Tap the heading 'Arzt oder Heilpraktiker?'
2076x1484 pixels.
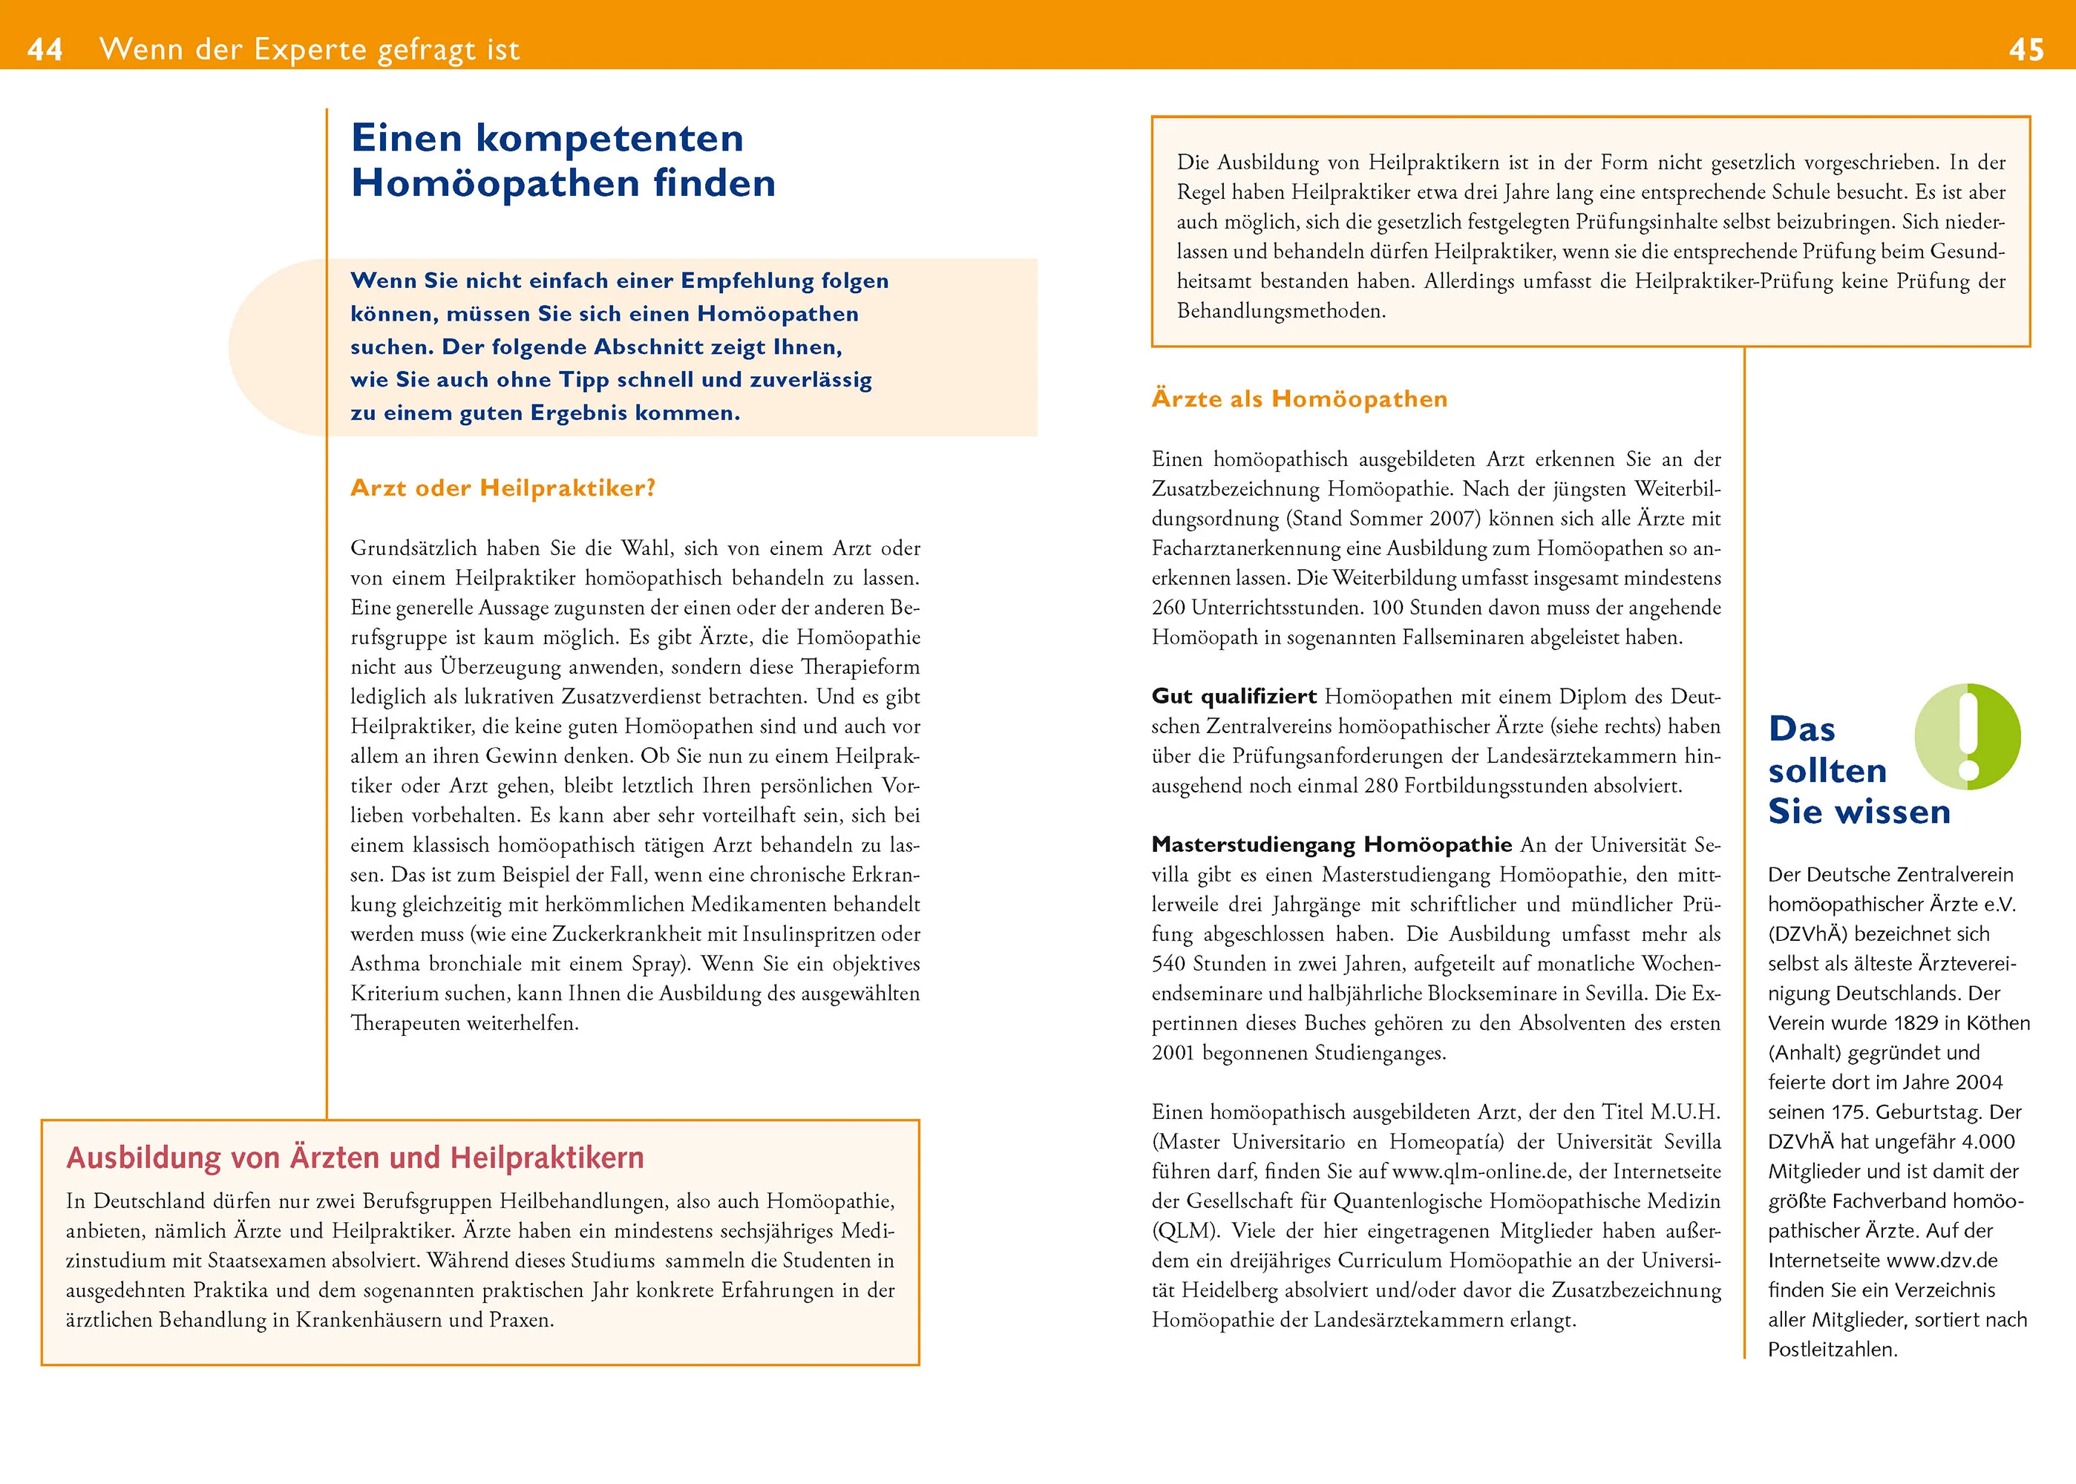[x=502, y=488]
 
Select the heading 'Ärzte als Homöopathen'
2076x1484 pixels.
[x=1299, y=398]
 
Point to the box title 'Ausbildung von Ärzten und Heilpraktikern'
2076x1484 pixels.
[x=355, y=1158]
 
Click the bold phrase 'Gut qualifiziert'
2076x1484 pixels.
[x=1233, y=696]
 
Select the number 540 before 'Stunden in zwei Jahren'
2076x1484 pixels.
[x=1168, y=964]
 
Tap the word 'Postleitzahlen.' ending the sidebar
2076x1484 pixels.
[x=1832, y=1350]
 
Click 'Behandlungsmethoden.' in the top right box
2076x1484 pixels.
[x=1280, y=311]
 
